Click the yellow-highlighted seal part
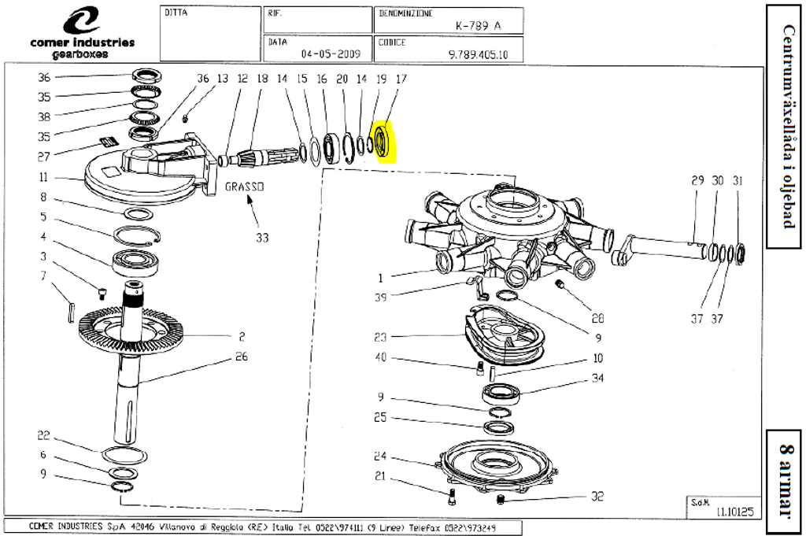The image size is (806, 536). (384, 141)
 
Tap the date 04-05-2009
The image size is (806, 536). (331, 54)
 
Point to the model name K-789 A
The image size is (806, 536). (478, 25)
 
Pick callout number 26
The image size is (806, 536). (242, 357)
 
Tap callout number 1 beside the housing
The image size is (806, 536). (379, 277)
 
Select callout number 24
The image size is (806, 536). (380, 456)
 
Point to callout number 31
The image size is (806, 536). (738, 180)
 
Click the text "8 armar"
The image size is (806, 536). (786, 480)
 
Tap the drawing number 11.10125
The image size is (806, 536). (734, 512)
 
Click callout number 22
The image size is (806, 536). (44, 436)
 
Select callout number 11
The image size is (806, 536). (44, 177)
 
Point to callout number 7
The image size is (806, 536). (44, 275)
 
